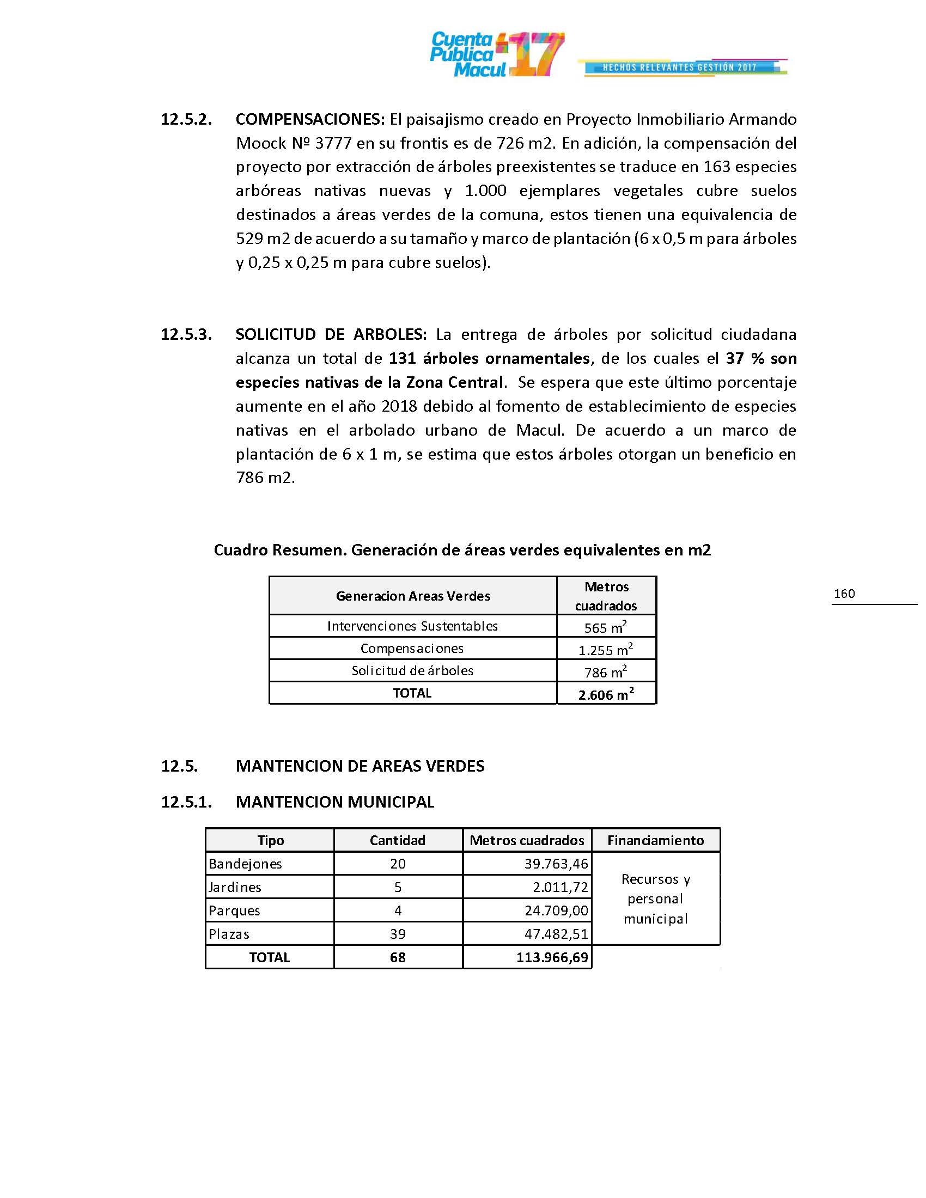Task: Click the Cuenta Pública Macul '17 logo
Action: [496, 54]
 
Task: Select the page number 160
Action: [844, 594]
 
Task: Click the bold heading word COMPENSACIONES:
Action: [310, 119]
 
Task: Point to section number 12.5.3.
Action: [186, 334]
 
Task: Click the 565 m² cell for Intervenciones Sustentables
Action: [606, 626]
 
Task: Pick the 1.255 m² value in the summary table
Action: [606, 649]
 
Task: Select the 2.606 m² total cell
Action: [606, 694]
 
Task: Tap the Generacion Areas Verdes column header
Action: [412, 596]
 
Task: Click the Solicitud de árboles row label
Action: [412, 670]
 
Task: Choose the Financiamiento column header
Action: [655, 840]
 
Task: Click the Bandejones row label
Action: [245, 864]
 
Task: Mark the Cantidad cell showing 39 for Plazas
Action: [398, 934]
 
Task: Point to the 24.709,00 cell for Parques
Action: [556, 910]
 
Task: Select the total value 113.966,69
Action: [552, 958]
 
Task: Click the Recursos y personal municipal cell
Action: [655, 898]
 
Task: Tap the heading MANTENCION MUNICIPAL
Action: [334, 802]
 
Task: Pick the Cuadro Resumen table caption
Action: [462, 549]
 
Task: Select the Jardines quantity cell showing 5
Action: [398, 887]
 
